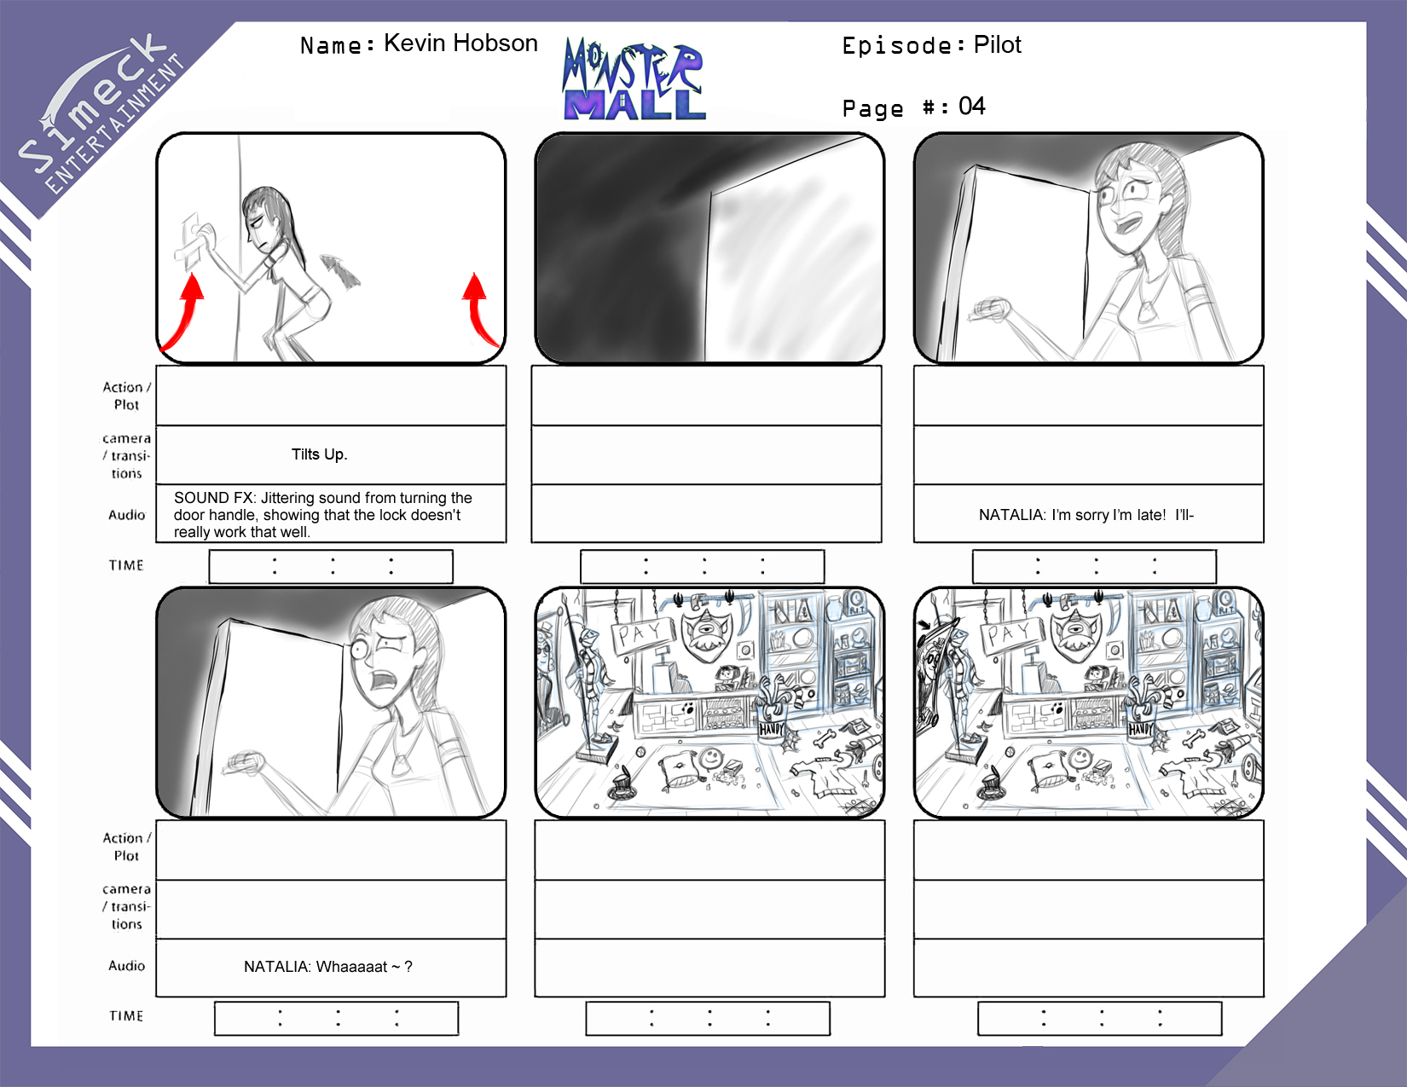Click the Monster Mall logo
pyautogui.click(x=634, y=79)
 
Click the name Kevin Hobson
pyautogui.click(x=460, y=43)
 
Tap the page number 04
pyautogui.click(x=971, y=107)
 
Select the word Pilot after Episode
pyautogui.click(x=997, y=44)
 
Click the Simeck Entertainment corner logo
pyautogui.click(x=101, y=113)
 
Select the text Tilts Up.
pyautogui.click(x=319, y=454)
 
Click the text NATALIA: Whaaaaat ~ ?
pyautogui.click(x=327, y=967)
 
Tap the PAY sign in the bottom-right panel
pyautogui.click(x=1013, y=634)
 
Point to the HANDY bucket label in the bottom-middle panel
pyautogui.click(x=772, y=729)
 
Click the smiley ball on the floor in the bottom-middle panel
pyautogui.click(x=710, y=757)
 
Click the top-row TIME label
pyautogui.click(x=126, y=566)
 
